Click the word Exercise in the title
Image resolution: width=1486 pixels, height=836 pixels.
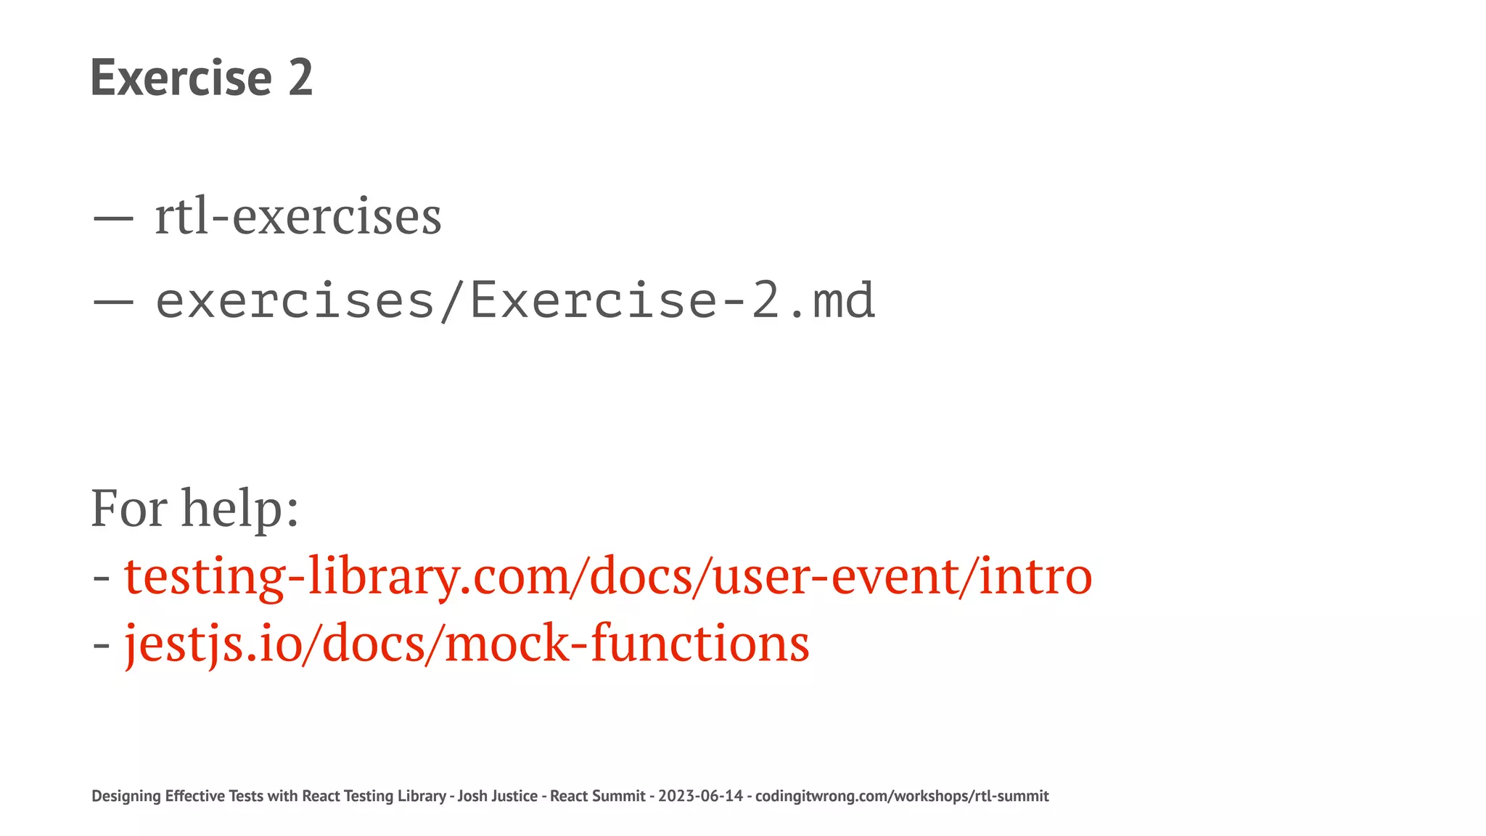181,78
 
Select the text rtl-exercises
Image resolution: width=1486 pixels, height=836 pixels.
297,217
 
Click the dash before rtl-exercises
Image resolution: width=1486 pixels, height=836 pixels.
113,217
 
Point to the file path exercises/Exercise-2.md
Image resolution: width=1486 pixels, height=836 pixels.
515,300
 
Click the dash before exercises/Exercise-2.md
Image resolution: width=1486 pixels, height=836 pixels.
113,302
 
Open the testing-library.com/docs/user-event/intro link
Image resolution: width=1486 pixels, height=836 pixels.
608,576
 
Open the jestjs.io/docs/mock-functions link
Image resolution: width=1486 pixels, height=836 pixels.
467,644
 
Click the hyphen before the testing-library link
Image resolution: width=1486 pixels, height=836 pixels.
102,578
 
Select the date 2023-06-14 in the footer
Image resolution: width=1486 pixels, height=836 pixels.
700,796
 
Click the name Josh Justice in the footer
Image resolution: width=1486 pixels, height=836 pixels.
497,796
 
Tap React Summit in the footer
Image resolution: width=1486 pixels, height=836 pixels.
597,796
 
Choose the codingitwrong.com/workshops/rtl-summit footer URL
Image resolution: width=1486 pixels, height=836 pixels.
902,796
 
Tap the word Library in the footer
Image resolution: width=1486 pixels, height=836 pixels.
422,796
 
